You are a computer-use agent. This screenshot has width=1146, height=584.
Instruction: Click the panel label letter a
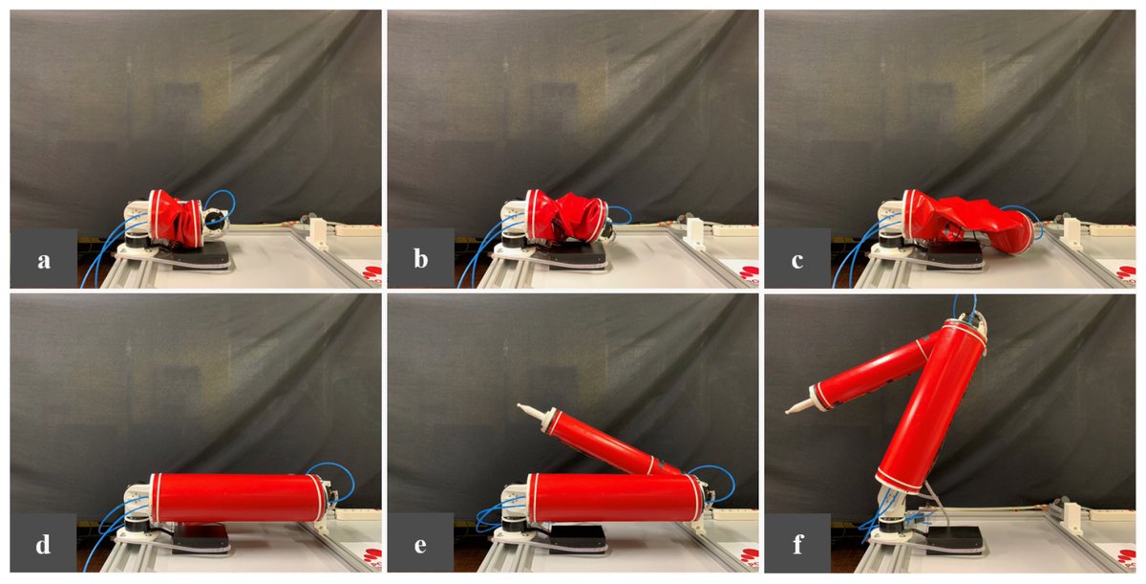pyautogui.click(x=43, y=260)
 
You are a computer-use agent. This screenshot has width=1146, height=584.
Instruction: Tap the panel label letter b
pyautogui.click(x=421, y=260)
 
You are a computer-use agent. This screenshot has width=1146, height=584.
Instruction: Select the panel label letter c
pyautogui.click(x=798, y=260)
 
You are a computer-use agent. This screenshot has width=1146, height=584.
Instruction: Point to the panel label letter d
pyautogui.click(x=43, y=545)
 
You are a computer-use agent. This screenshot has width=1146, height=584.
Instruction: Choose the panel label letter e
pyautogui.click(x=421, y=545)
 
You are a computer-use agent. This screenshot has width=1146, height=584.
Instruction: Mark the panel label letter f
pyautogui.click(x=798, y=545)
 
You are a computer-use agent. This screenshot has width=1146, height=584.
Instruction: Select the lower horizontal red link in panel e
pyautogui.click(x=611, y=497)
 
